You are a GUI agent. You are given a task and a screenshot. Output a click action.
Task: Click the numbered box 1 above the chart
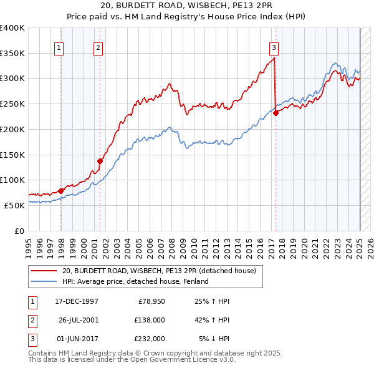point(59,47)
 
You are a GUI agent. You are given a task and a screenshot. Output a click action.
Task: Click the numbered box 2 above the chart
point(98,47)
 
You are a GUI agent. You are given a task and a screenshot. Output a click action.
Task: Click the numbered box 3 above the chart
point(274,47)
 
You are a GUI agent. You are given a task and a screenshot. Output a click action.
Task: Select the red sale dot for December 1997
point(60,191)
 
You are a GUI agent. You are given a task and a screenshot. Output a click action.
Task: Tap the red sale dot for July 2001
point(99,161)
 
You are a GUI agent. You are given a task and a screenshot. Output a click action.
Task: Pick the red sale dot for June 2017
point(276,113)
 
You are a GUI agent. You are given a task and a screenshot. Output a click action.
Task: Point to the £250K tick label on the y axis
point(12,104)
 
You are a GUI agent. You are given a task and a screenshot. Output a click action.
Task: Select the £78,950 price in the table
point(151,301)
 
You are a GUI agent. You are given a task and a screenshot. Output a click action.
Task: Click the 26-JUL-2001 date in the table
point(79,320)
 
